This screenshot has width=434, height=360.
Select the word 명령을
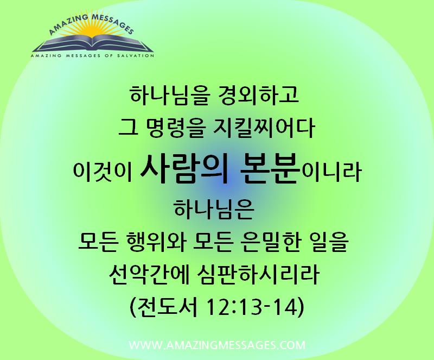pyautogui.click(x=174, y=128)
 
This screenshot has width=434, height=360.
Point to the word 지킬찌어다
pyautogui.click(x=265, y=128)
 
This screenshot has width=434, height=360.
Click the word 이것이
pyautogui.click(x=102, y=172)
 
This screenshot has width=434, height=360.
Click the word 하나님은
pyautogui.click(x=214, y=209)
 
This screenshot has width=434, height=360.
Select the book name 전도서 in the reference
pyautogui.click(x=167, y=307)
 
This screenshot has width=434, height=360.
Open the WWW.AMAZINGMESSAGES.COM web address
pyautogui.click(x=218, y=345)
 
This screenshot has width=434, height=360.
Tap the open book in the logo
pyautogui.click(x=93, y=43)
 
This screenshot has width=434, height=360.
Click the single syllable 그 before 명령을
pyautogui.click(x=128, y=129)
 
